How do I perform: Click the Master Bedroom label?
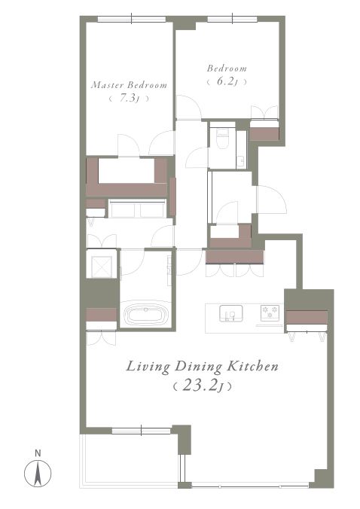(130, 85)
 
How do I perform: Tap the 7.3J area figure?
(130, 98)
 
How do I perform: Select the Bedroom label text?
(227, 69)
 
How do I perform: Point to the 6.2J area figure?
(227, 81)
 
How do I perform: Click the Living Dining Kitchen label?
(203, 367)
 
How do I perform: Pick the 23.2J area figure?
(203, 386)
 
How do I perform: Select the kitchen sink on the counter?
(230, 313)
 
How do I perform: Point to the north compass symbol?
(38, 474)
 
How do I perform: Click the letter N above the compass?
(38, 453)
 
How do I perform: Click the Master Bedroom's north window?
(132, 19)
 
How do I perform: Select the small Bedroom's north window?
(233, 19)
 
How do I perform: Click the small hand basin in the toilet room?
(240, 161)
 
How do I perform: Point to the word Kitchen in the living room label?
(252, 366)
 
